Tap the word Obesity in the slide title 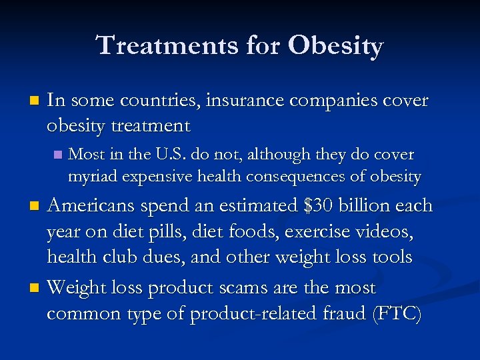coord(336,46)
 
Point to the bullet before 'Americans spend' coord(37,207)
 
